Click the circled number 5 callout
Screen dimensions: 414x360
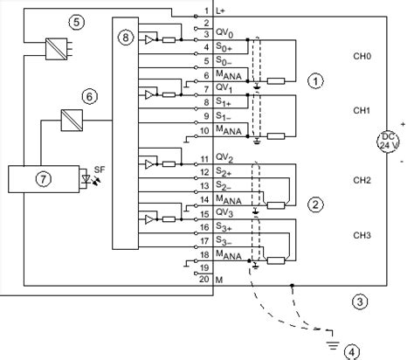coord(76,22)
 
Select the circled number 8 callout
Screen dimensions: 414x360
coord(126,38)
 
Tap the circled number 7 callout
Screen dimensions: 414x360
coord(44,178)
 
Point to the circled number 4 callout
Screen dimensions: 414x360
coord(352,352)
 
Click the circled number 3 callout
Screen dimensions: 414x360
coord(360,301)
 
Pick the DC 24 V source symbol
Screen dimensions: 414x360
coord(388,141)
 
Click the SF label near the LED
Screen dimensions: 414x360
coord(100,170)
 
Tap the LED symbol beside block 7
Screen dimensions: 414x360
coord(86,178)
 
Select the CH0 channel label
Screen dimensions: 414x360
coord(362,56)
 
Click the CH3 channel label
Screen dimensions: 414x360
coord(362,235)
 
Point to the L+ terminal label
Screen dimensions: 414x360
coord(220,11)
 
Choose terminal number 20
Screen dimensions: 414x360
coord(204,279)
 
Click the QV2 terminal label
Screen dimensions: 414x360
coord(224,158)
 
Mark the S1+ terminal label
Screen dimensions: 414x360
coord(224,102)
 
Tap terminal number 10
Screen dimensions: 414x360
coord(204,131)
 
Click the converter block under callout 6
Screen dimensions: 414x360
coord(72,121)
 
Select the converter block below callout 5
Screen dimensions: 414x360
coord(57,49)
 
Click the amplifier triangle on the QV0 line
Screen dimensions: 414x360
coord(148,39)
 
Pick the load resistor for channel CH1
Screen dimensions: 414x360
coord(276,136)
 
